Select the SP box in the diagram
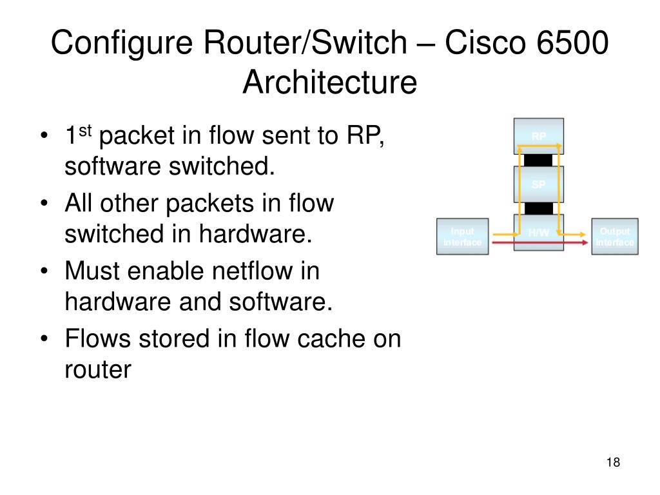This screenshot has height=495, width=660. click(539, 184)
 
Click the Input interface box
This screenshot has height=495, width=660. click(462, 237)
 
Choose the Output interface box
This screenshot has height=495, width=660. click(614, 237)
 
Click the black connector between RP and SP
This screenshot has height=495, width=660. click(538, 160)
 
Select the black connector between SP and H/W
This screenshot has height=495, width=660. click(538, 208)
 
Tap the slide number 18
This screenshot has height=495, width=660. click(612, 462)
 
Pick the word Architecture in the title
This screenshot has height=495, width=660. click(330, 82)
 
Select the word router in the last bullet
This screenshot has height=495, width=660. click(97, 370)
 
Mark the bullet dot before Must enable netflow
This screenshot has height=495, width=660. click(44, 272)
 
